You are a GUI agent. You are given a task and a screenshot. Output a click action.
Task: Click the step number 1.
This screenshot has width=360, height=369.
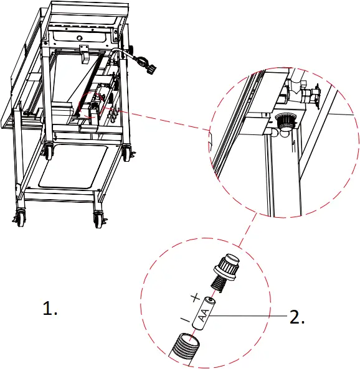pos(50,309)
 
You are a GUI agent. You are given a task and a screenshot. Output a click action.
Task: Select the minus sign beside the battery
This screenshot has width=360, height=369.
pos(184,319)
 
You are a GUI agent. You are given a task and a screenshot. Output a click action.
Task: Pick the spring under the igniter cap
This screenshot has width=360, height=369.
pos(217,283)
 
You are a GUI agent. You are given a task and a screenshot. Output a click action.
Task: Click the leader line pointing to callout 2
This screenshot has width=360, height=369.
pos(249,317)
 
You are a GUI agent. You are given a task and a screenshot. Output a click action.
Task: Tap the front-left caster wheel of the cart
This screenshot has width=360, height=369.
pos(19,218)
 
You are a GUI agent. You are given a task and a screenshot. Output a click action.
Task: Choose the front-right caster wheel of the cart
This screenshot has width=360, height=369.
pos(98,218)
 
